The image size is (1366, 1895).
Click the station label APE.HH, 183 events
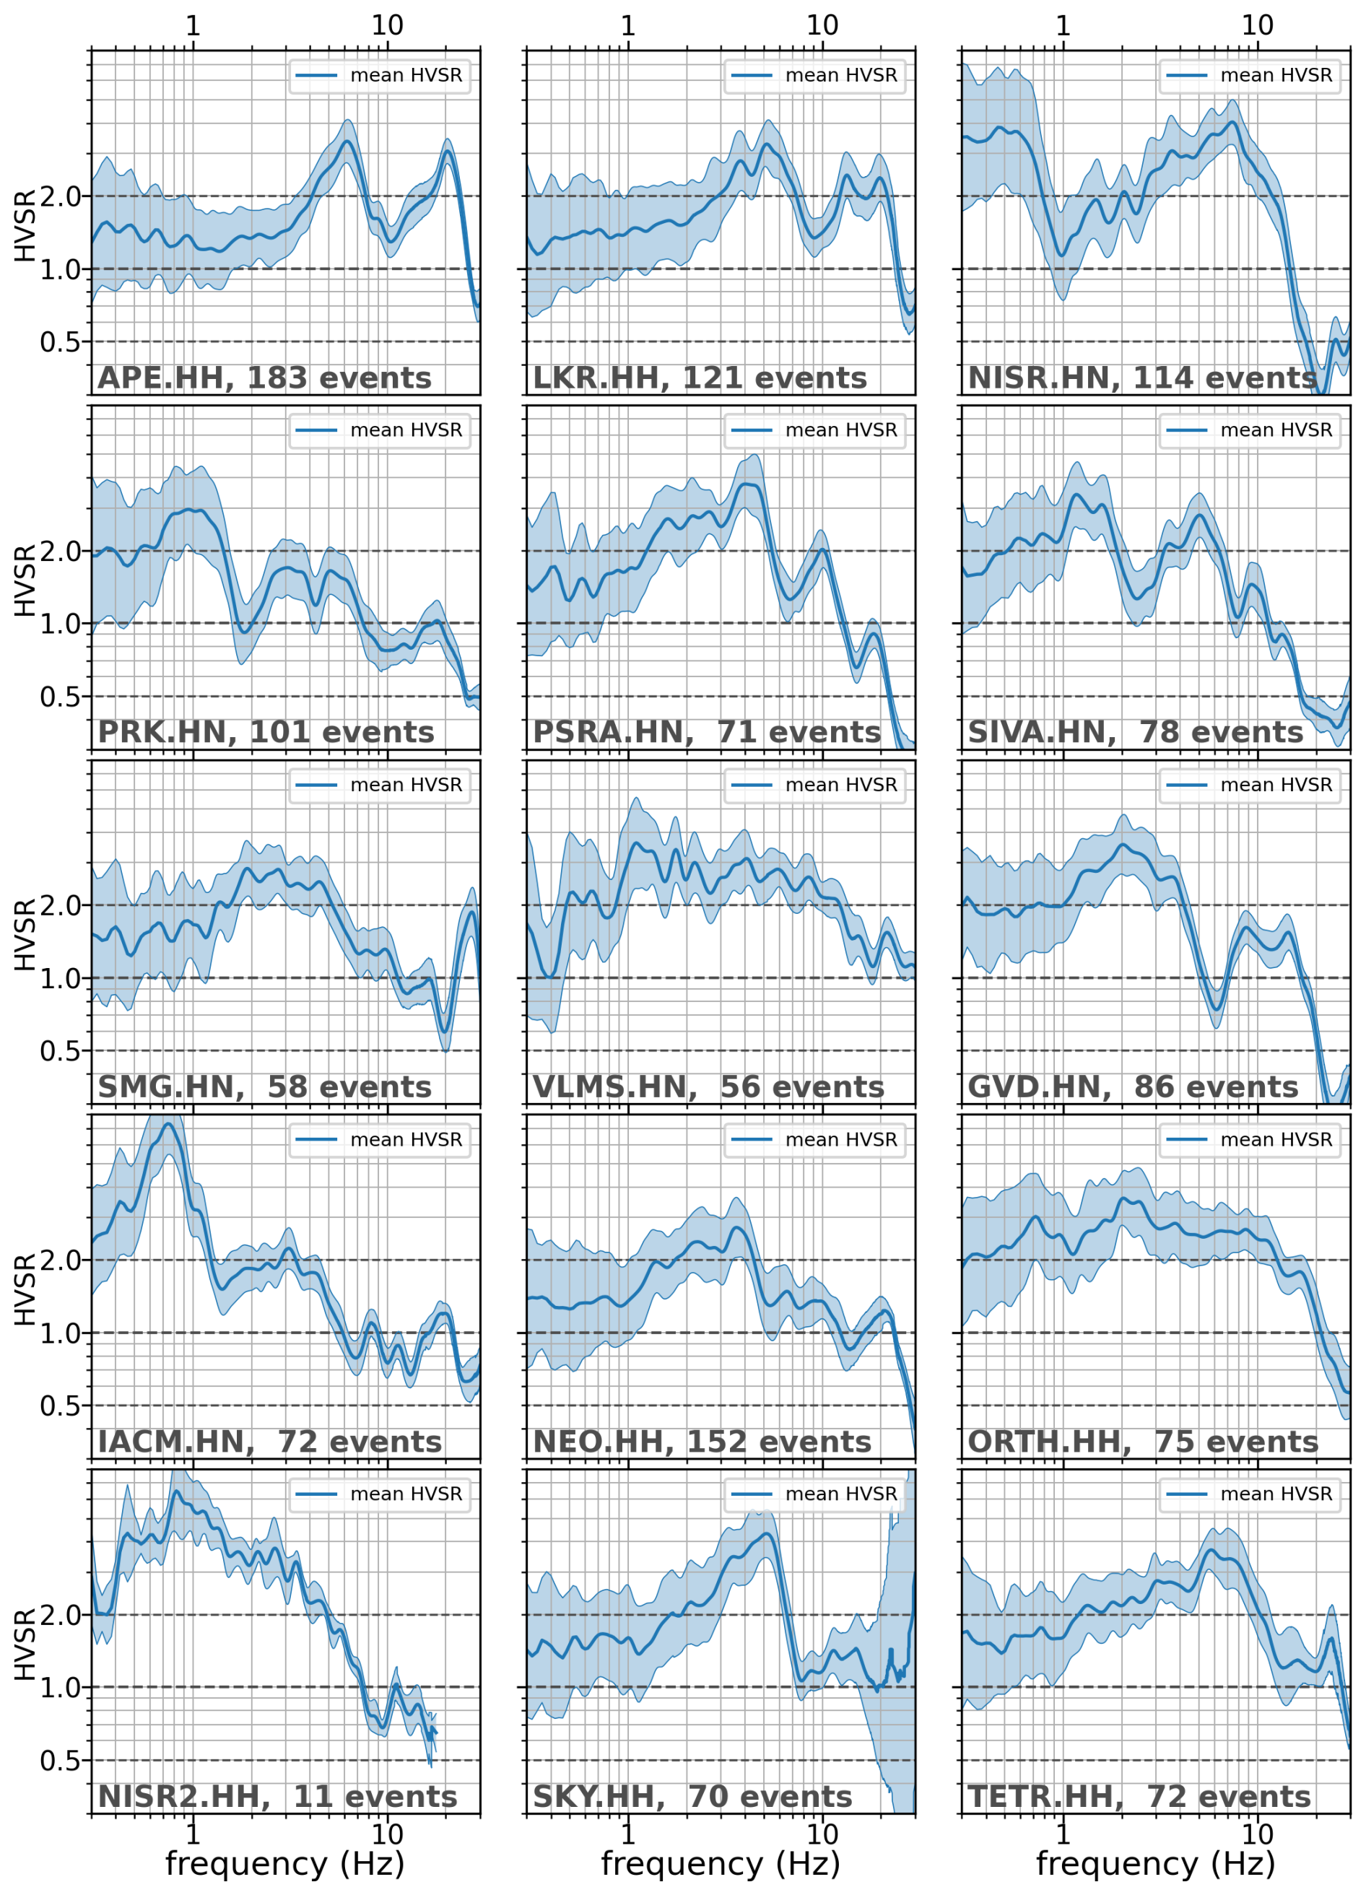[x=265, y=378]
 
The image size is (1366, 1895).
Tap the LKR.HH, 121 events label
[x=700, y=378]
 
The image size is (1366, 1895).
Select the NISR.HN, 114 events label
[x=1141, y=378]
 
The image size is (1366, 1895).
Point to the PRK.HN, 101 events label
[x=266, y=732]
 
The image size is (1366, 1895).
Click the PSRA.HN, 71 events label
[x=707, y=732]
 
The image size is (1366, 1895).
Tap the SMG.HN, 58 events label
[x=265, y=1087]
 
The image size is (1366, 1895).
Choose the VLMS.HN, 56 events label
[x=708, y=1087]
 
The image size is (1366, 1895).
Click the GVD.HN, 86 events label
[x=1133, y=1087]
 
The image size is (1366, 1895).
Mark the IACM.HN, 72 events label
[x=270, y=1442]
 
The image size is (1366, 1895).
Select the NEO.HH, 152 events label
[x=702, y=1442]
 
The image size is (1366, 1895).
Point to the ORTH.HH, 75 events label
[x=1143, y=1442]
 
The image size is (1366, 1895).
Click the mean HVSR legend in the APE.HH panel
[x=380, y=75]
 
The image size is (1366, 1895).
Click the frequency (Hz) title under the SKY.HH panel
[x=720, y=1864]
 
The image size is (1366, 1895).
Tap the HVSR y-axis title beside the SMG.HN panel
[x=25, y=935]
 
